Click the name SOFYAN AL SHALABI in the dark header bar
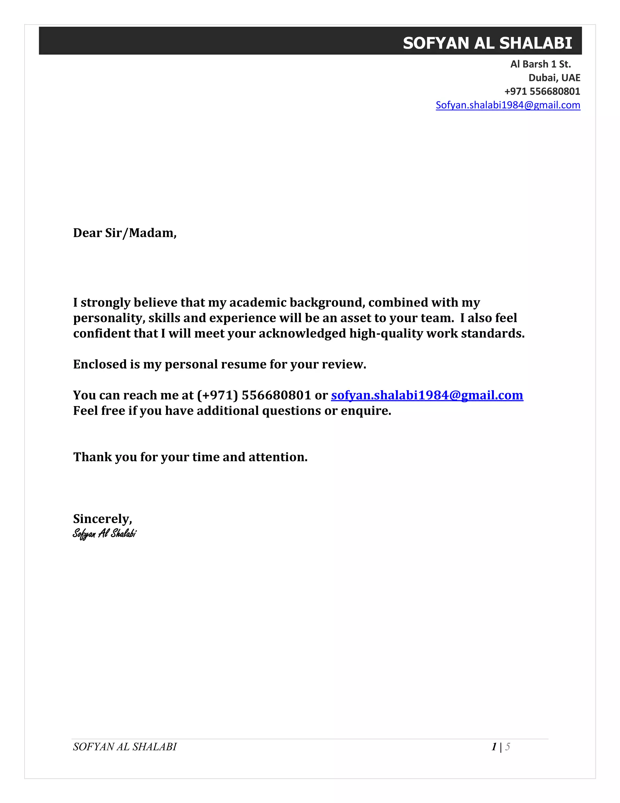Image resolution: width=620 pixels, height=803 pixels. pyautogui.click(x=487, y=43)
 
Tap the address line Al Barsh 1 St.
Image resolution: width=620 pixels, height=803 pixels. pyautogui.click(x=540, y=64)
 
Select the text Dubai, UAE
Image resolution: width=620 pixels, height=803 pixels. pyautogui.click(x=554, y=78)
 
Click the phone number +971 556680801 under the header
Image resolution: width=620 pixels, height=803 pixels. pyautogui.click(x=542, y=92)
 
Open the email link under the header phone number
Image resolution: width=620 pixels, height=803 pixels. pyautogui.click(x=508, y=105)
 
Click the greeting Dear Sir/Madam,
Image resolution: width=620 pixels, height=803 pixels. pyautogui.click(x=124, y=233)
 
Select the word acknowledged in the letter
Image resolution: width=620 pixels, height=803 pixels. pyautogui.click(x=302, y=334)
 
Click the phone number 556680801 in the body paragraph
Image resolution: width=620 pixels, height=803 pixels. pyautogui.click(x=276, y=395)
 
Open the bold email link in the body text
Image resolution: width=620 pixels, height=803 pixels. pyautogui.click(x=427, y=395)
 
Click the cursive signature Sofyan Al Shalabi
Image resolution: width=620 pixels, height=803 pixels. pyautogui.click(x=104, y=534)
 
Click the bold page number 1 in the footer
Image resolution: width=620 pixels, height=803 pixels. pyautogui.click(x=494, y=747)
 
